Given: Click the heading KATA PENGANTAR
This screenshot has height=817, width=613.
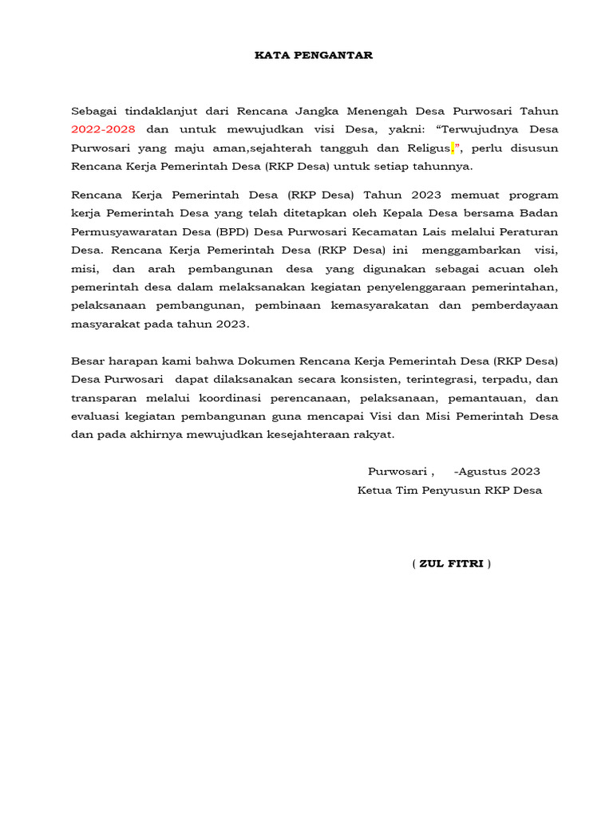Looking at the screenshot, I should pos(303,55).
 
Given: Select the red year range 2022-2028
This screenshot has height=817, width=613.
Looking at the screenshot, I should pos(103,129).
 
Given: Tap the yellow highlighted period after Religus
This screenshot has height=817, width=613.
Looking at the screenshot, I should pos(453,148).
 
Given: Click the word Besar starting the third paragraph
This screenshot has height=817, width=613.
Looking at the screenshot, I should pos(88,361).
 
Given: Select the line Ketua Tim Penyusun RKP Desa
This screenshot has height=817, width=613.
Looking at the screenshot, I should pos(449,490).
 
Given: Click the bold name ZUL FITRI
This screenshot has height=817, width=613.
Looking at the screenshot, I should pos(451,564).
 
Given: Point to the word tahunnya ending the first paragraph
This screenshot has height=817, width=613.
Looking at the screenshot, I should pos(447,167).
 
